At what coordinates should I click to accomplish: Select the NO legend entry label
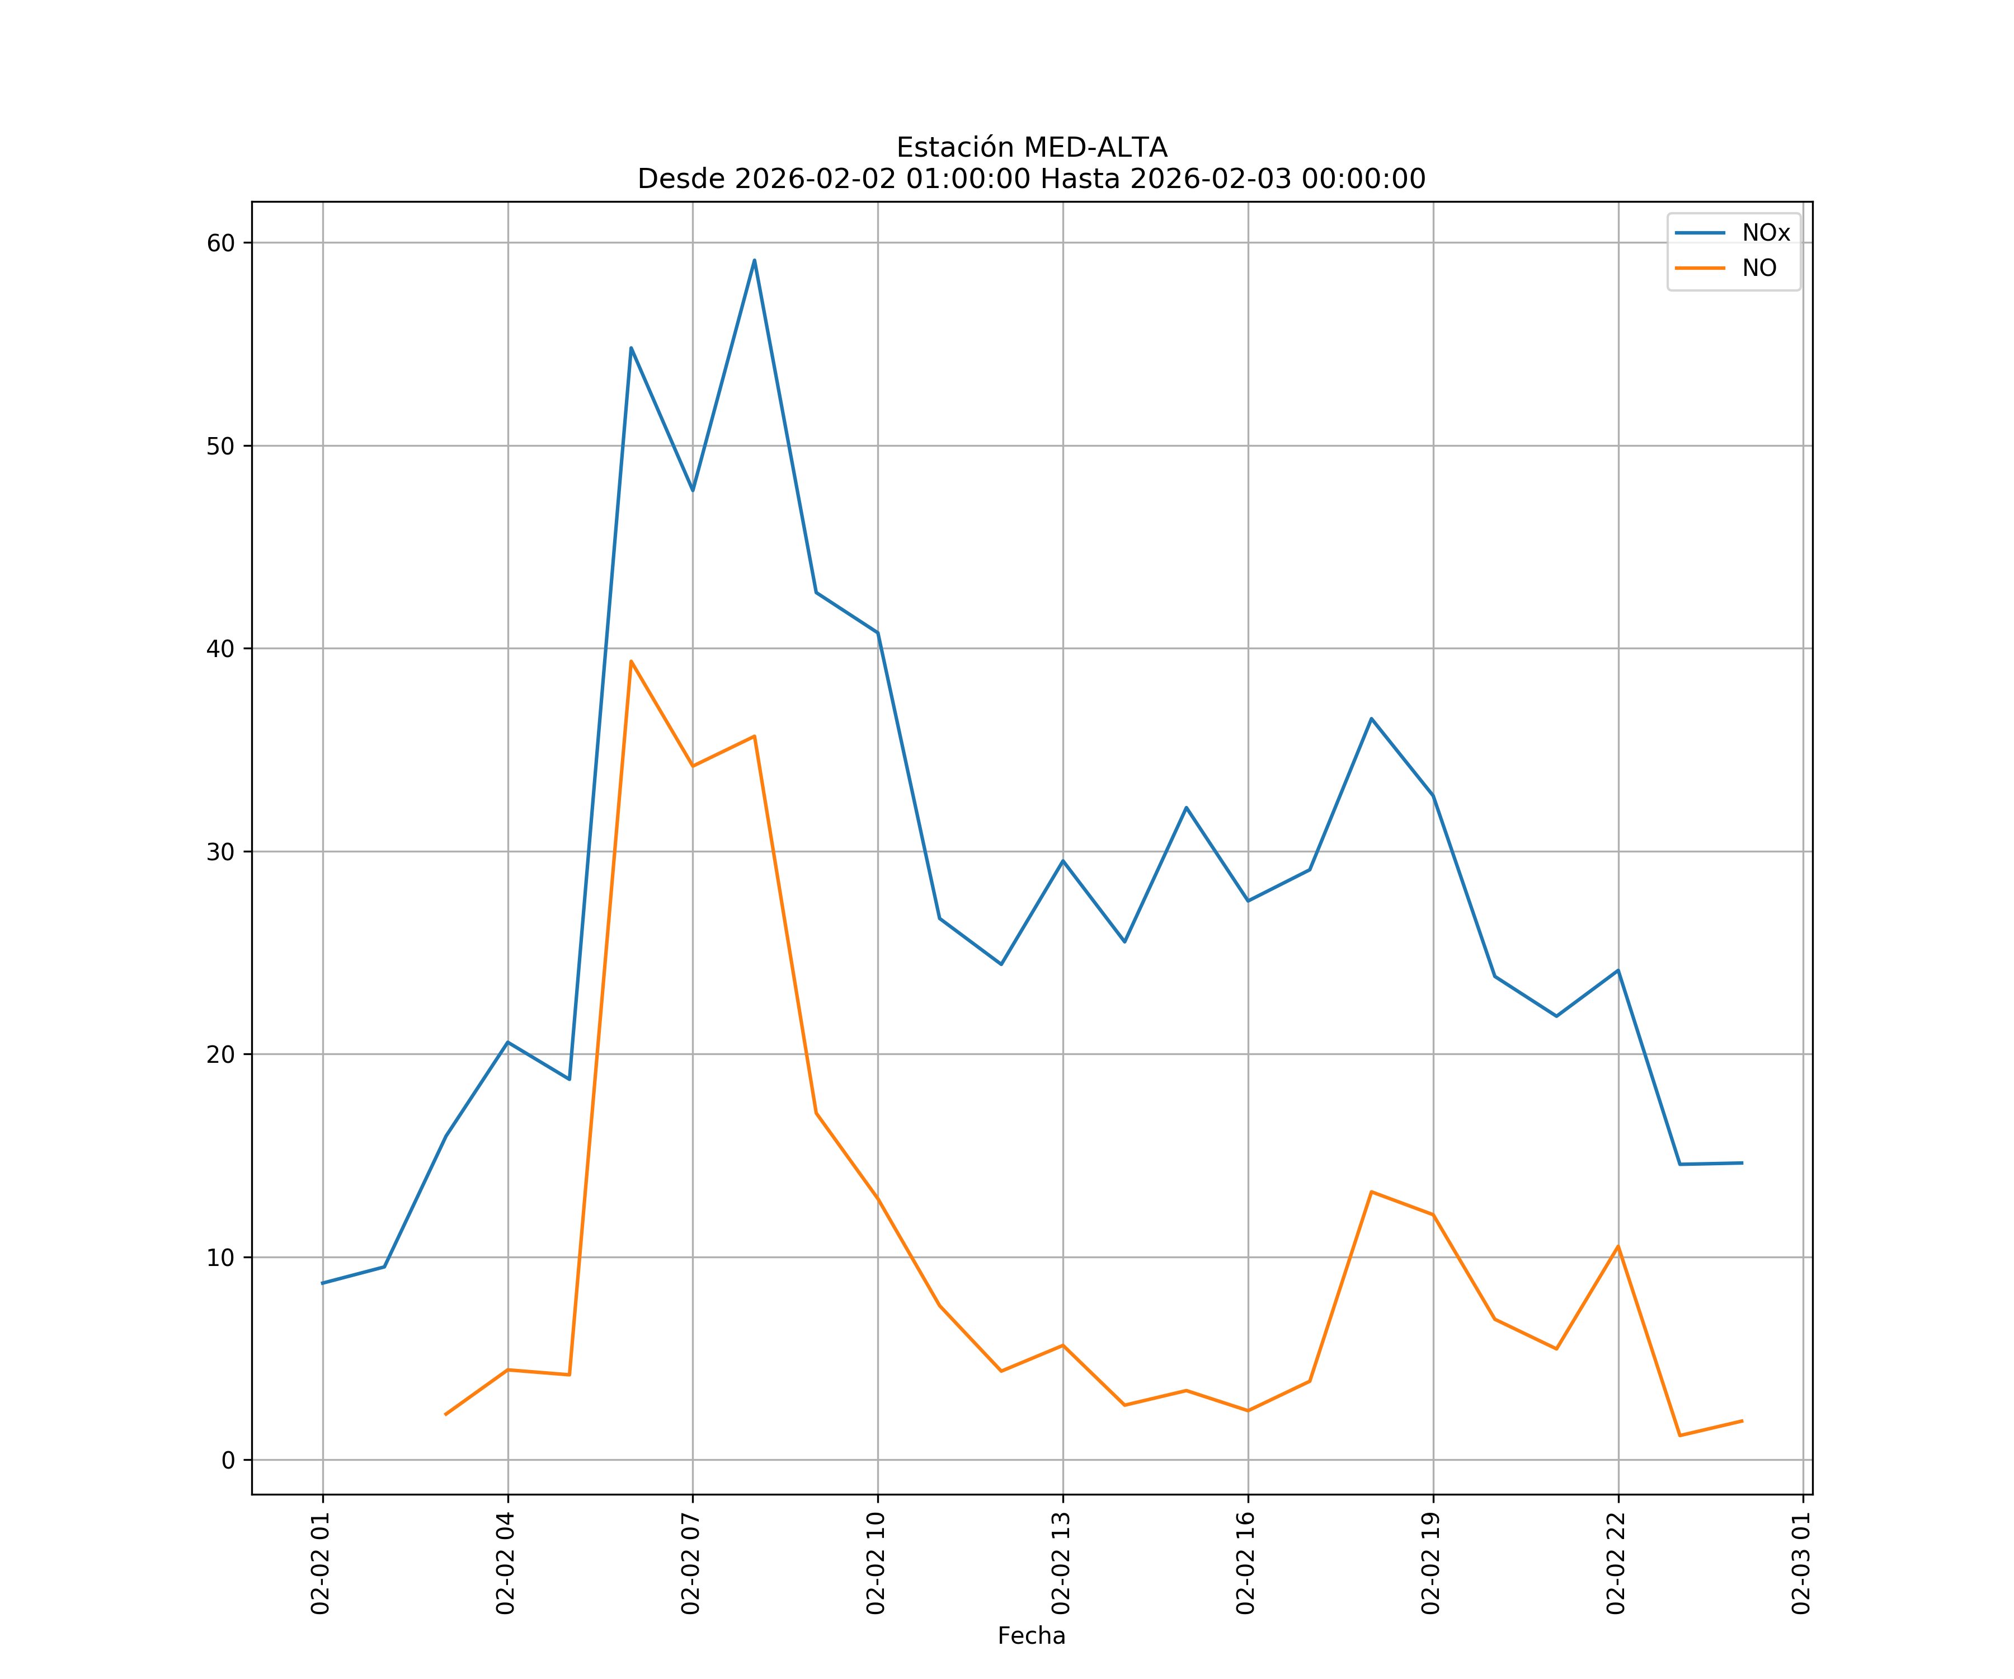[1759, 269]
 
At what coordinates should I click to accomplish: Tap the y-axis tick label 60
[220, 243]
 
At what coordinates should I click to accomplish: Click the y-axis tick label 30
[220, 852]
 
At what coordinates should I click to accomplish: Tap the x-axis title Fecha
[1031, 1636]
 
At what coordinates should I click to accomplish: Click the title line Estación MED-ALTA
[1031, 148]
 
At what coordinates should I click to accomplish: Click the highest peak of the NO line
[631, 661]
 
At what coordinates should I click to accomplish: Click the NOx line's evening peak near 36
[1371, 719]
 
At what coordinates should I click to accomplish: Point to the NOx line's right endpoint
[1742, 1163]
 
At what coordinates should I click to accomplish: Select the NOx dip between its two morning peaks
[693, 490]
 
